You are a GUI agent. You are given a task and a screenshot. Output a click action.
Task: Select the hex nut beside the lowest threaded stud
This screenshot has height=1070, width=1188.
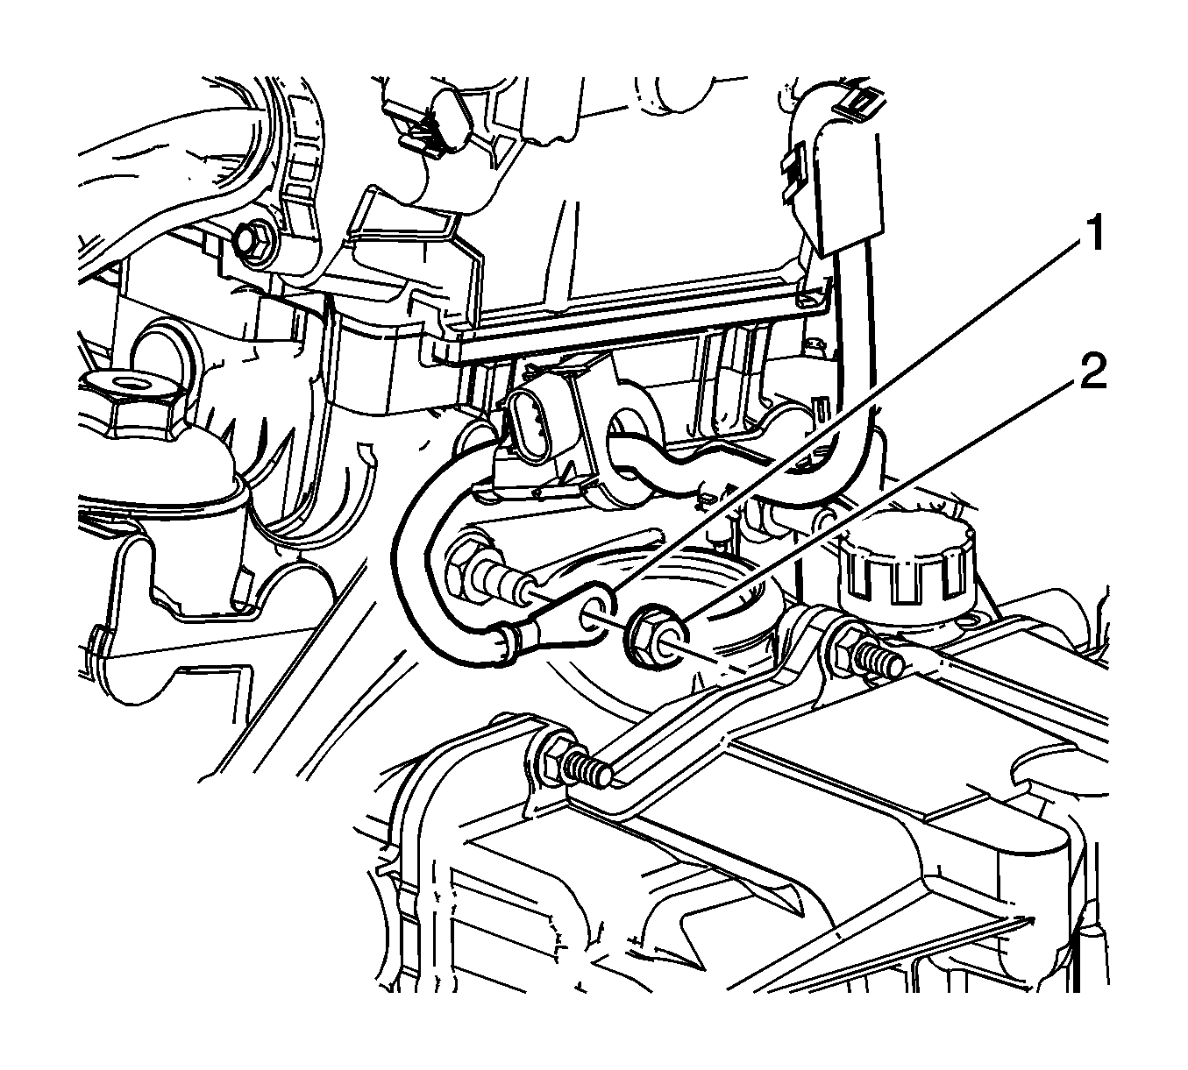coord(552,755)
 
